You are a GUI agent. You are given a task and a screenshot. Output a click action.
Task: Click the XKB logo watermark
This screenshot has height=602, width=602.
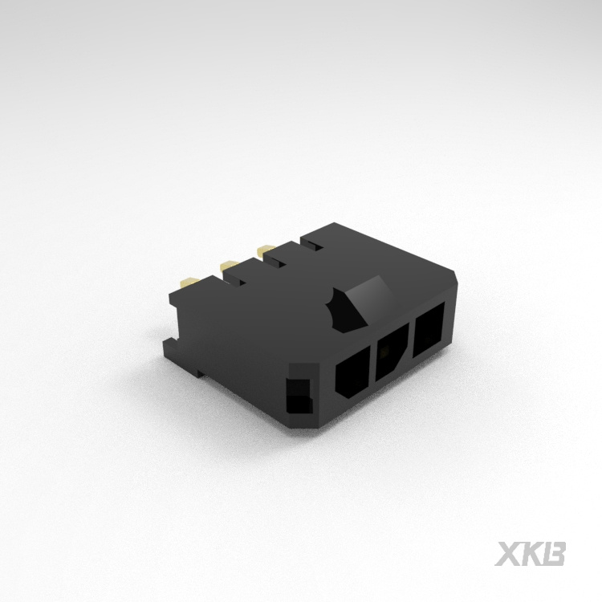[x=531, y=554]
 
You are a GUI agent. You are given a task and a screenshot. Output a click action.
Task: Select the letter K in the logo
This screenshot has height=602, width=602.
[x=532, y=554]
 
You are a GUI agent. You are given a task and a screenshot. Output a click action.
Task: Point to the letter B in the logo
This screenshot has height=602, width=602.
[x=555, y=554]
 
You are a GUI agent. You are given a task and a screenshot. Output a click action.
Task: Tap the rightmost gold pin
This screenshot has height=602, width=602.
[x=262, y=251]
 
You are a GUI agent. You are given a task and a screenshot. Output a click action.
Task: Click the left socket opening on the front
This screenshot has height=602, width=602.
[x=350, y=375]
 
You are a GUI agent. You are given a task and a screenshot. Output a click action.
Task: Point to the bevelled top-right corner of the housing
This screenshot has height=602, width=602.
[x=454, y=277]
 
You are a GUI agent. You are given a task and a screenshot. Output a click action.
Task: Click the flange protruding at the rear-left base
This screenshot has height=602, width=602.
[x=172, y=348]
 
